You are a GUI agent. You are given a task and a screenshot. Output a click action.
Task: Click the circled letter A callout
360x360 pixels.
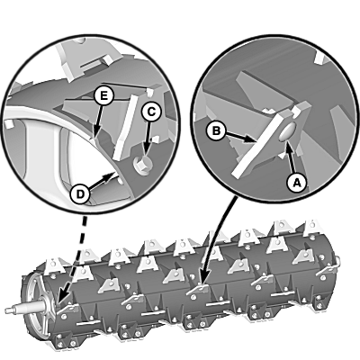(296, 183)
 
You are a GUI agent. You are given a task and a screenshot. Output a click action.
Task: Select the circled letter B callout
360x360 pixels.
(216, 131)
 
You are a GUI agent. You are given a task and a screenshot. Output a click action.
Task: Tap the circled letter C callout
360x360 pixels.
(151, 112)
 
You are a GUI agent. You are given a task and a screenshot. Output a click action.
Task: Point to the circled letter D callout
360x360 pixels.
(80, 194)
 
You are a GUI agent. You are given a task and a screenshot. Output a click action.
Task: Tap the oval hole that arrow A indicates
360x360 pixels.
(287, 132)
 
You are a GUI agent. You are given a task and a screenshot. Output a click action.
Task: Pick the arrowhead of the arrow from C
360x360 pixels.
(146, 151)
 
